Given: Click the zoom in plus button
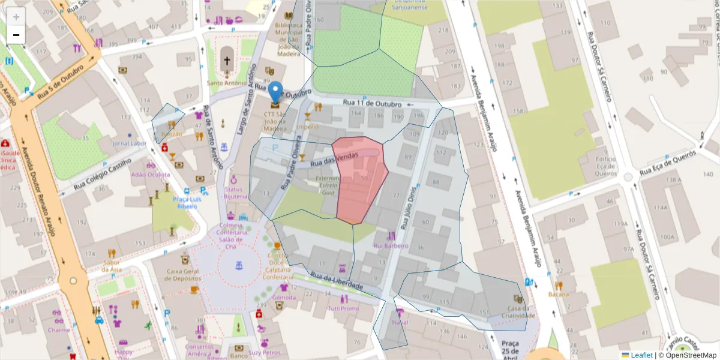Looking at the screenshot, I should (16, 17).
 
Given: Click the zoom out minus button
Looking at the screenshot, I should (16, 35).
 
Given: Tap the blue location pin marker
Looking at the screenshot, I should (275, 93).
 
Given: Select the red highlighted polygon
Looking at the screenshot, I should (359, 180).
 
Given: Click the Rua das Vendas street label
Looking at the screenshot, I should (338, 160).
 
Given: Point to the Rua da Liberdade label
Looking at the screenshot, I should (337, 281).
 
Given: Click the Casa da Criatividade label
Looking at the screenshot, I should (517, 311).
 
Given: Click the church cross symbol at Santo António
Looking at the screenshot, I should (227, 60).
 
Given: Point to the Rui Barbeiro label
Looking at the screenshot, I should (391, 245).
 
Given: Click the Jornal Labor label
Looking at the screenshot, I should (130, 143).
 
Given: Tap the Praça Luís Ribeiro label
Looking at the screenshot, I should (185, 202).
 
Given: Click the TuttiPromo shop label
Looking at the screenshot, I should (343, 308).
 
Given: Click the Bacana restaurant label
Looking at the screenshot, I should (558, 294).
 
